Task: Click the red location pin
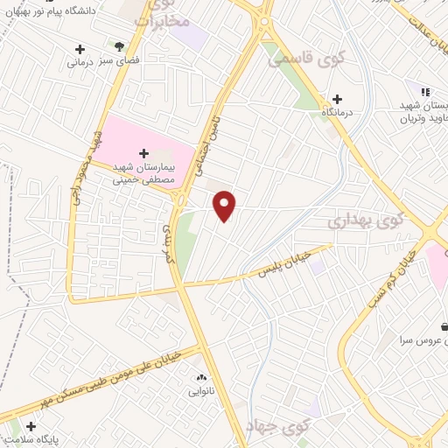[225, 205]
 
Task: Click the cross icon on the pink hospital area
[144, 153]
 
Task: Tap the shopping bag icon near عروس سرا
[444, 325]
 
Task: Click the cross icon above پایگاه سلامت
[14, 428]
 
